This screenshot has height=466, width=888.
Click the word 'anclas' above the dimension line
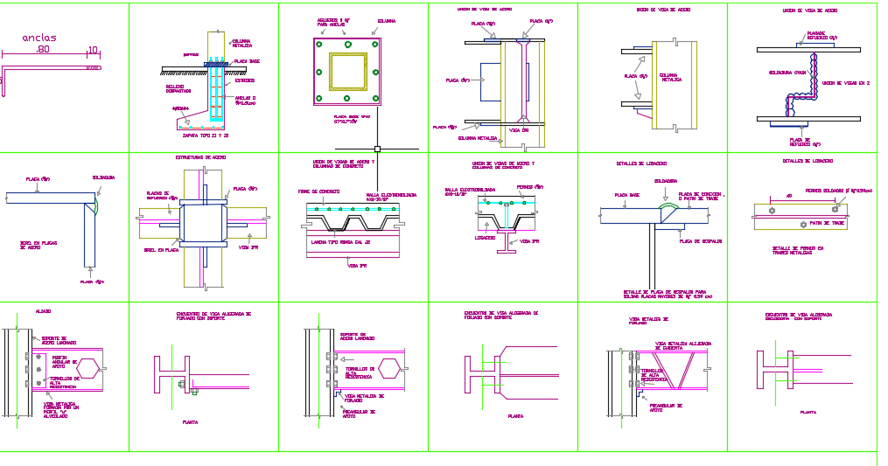[39, 38]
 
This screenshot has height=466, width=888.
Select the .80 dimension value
[43, 51]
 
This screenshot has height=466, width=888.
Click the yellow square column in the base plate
[347, 71]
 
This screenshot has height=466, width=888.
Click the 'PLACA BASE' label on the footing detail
[247, 61]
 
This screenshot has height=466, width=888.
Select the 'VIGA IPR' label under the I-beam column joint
[520, 130]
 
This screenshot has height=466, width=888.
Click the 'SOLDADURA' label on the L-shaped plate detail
[103, 177]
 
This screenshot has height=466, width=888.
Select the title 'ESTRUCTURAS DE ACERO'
[200, 157]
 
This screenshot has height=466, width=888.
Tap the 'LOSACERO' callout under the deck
[485, 237]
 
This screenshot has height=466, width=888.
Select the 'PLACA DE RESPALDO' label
[700, 240]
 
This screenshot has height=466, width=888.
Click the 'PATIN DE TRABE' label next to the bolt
[827, 223]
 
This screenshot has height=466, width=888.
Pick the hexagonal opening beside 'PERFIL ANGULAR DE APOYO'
[88, 369]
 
